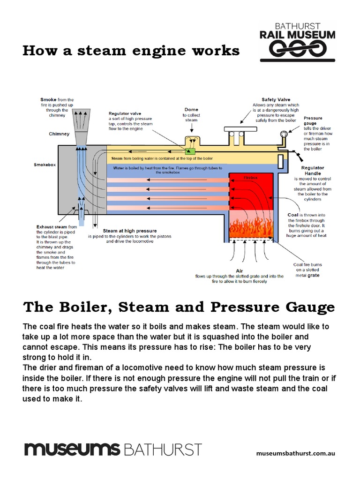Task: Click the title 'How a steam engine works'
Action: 131,51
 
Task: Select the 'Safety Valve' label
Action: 276,100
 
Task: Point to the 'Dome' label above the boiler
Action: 191,109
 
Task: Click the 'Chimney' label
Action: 59,134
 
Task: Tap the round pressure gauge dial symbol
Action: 283,135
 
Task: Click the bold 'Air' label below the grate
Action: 240,270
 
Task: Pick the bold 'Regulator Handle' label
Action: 313,171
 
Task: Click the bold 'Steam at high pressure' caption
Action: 130,231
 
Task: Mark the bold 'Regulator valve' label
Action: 125,113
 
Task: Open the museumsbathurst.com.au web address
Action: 296,453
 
